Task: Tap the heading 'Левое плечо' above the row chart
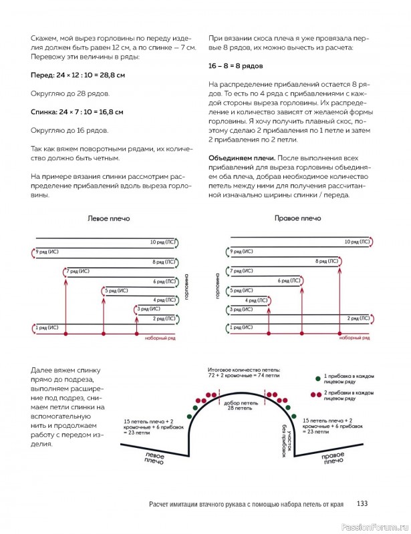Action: pyautogui.click(x=109, y=219)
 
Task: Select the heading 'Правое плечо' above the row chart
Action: pyautogui.click(x=297, y=218)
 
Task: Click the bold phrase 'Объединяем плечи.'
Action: pyautogui.click(x=235, y=157)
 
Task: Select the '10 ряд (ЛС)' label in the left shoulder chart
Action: pyautogui.click(x=162, y=242)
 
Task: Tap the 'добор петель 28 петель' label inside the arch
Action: pyautogui.click(x=238, y=405)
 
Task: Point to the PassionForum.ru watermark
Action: pyautogui.click(x=378, y=526)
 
